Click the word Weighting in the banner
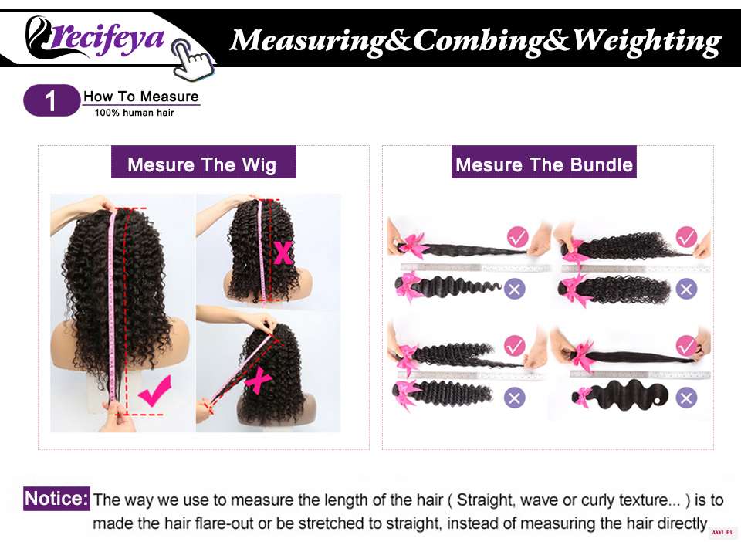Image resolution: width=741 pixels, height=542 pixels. click(648, 41)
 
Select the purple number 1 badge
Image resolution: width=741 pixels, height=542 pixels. click(52, 100)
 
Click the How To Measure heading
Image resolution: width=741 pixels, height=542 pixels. click(140, 97)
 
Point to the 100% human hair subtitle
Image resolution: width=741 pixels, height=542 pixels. click(134, 113)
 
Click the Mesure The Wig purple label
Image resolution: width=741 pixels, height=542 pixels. click(203, 162)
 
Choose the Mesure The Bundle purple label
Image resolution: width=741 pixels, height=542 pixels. click(544, 162)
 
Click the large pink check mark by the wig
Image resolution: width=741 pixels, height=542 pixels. click(155, 390)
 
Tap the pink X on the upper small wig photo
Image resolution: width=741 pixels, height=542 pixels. click(283, 252)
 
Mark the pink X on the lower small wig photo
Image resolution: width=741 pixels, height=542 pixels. click(257, 381)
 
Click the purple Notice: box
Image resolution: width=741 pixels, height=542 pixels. click(56, 499)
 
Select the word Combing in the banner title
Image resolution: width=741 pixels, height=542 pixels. click(479, 41)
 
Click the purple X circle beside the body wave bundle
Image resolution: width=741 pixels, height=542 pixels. click(686, 398)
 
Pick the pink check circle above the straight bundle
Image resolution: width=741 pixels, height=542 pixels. click(686, 345)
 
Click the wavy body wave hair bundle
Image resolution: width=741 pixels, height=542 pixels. click(623, 394)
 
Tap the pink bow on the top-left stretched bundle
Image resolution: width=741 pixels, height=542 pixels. click(409, 246)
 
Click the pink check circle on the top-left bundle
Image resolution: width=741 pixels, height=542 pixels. click(517, 237)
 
